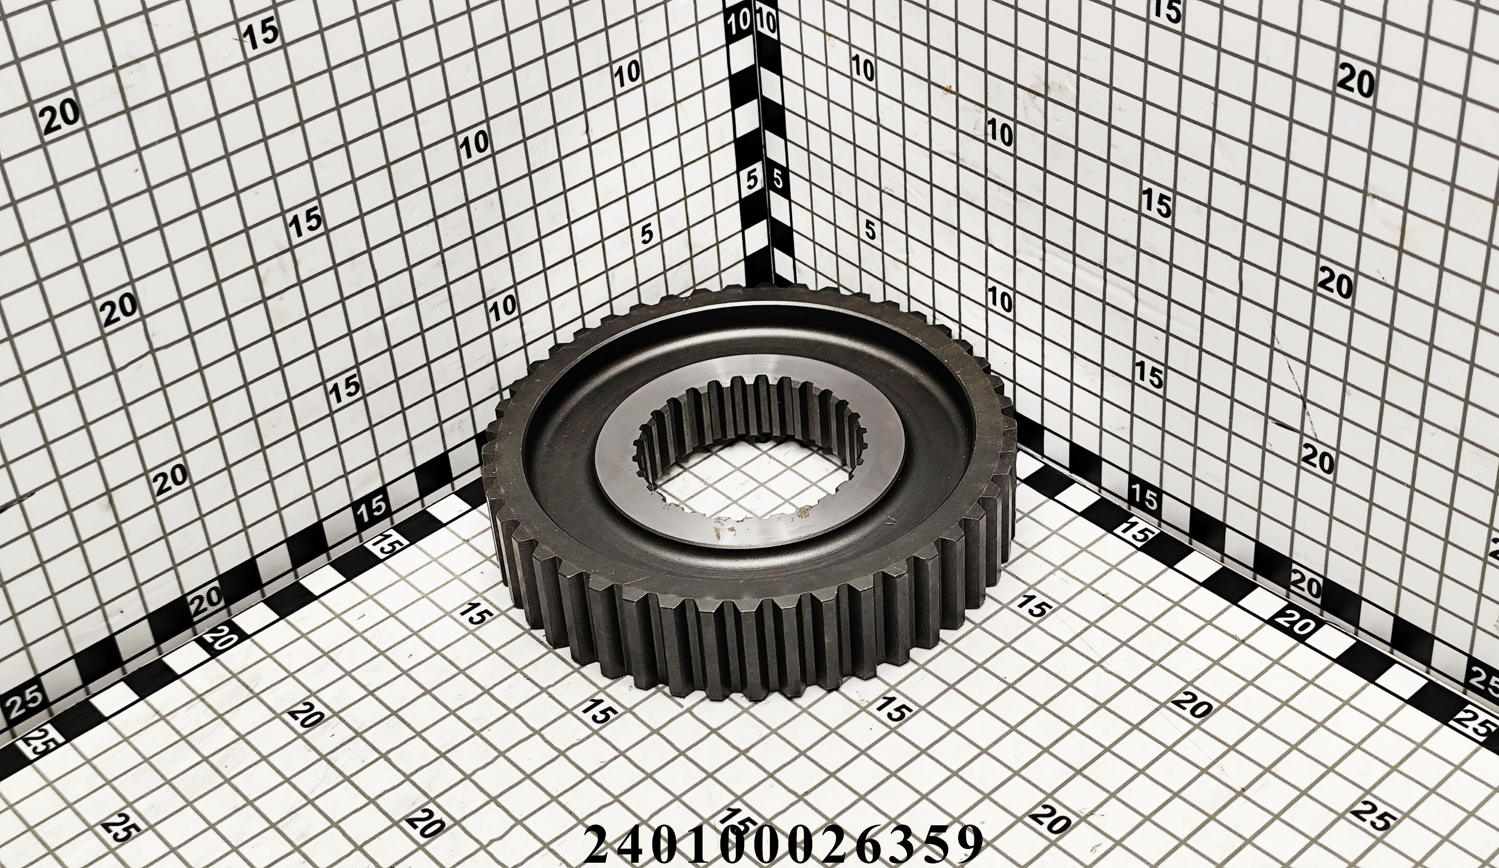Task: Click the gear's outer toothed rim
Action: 743,654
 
